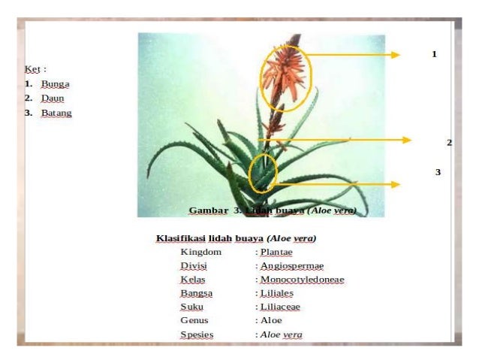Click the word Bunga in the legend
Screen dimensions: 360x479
click(x=55, y=83)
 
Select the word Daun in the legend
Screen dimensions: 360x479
click(x=53, y=98)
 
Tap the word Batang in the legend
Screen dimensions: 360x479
click(x=56, y=113)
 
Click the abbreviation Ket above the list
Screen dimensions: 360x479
click(x=32, y=69)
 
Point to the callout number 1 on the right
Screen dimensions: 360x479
click(x=433, y=54)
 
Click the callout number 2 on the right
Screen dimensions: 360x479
click(x=449, y=142)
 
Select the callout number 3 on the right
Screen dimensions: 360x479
click(x=438, y=172)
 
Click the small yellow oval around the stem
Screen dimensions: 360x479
click(x=263, y=171)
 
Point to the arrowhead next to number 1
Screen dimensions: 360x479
click(x=396, y=54)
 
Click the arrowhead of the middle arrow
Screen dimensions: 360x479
click(x=406, y=140)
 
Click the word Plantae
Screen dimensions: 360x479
click(x=276, y=253)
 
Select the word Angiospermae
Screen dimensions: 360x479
click(x=291, y=266)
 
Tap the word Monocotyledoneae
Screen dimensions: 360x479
click(x=302, y=280)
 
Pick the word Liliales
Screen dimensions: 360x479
click(x=276, y=293)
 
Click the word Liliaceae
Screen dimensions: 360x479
click(x=280, y=307)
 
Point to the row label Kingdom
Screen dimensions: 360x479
click(x=200, y=253)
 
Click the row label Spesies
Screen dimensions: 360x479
click(x=197, y=334)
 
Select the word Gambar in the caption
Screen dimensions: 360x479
click(x=208, y=210)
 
